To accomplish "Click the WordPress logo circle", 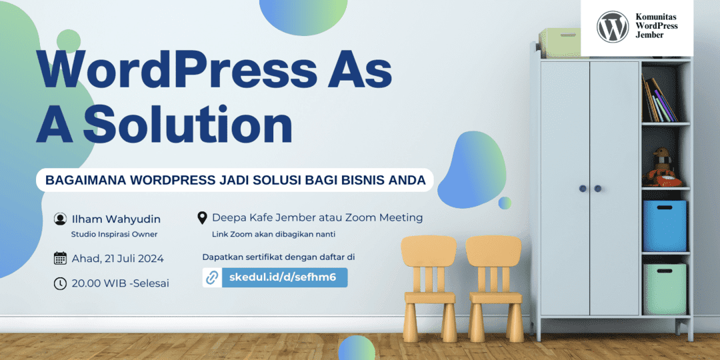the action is pos(613,27).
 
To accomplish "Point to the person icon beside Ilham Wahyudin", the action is pos(60,219).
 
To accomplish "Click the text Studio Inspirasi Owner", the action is pos(115,234).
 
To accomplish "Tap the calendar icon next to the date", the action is pos(60,258).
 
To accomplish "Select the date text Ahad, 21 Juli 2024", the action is pos(117,259).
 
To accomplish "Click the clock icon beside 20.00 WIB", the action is pos(60,283).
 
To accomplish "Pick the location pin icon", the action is pos(202,217).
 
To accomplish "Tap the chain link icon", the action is pos(212,278).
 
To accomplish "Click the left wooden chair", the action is pos(429,289).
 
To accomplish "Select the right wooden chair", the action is pos(495,289).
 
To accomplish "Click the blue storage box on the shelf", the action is pos(665,225).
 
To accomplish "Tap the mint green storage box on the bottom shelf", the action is pos(665,289).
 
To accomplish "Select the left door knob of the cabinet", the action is pos(583,188).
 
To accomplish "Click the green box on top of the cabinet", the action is pos(560,43).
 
